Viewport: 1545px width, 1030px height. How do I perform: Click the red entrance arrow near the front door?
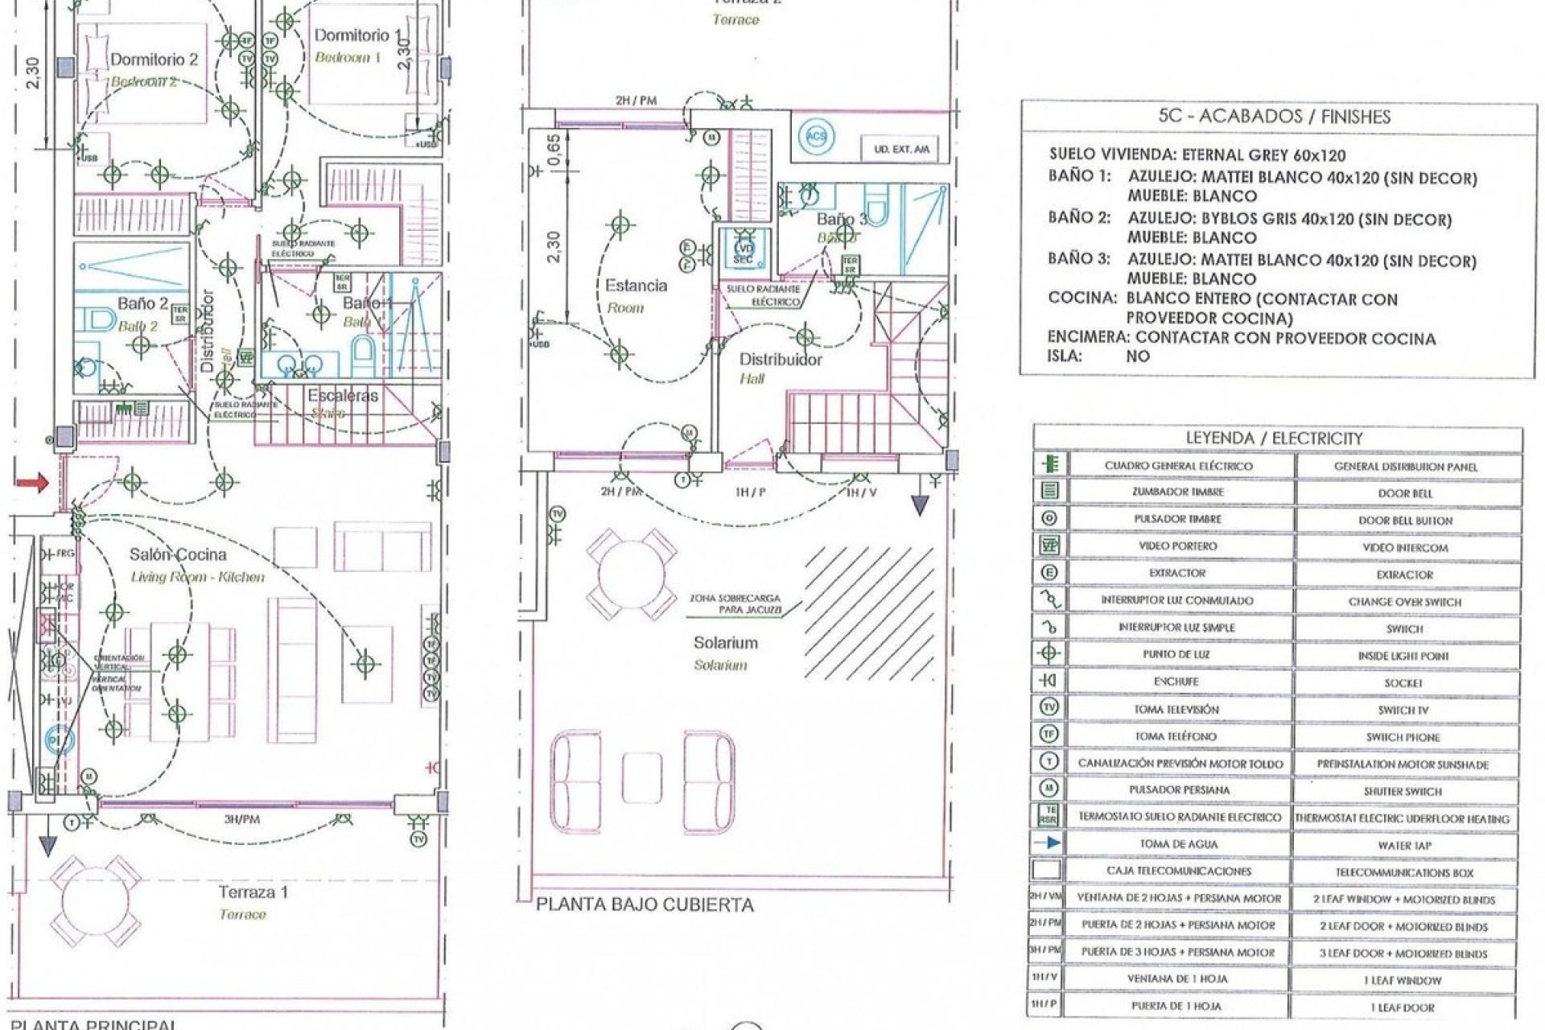[x=32, y=482]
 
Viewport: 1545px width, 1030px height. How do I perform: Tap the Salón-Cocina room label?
[x=178, y=554]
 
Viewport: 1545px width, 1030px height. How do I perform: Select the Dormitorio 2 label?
[x=154, y=60]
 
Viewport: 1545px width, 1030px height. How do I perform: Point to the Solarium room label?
[x=726, y=643]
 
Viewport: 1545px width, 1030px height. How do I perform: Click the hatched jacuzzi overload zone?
[x=869, y=612]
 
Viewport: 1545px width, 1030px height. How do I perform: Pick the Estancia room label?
[x=636, y=286]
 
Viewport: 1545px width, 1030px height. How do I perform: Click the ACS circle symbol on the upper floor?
[x=817, y=137]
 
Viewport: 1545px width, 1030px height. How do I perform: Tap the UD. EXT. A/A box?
[x=901, y=150]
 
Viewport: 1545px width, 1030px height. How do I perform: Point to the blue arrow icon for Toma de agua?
[x=1050, y=843]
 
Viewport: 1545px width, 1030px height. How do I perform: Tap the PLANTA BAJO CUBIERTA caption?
[x=645, y=904]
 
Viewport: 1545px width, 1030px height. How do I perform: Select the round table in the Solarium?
[x=631, y=575]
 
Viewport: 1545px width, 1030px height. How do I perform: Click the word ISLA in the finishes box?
[x=1065, y=356]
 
